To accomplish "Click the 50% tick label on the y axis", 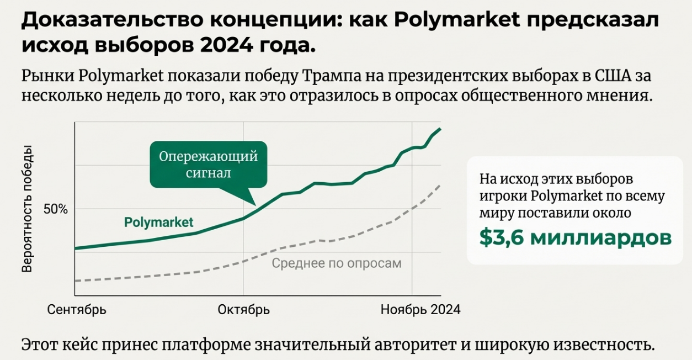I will (x=55, y=209).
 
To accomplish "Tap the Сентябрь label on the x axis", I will (x=77, y=310).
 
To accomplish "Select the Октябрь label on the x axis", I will (x=243, y=310).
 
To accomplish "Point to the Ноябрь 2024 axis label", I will (x=420, y=310).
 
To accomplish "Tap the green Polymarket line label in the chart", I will (x=158, y=223).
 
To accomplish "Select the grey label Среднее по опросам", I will (x=337, y=263).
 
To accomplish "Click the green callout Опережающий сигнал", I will (x=208, y=164).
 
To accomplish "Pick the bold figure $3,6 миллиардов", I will (x=576, y=237).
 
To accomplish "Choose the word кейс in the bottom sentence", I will (x=94, y=345).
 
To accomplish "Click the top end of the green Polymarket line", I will (x=440, y=129).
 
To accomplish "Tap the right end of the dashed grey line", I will (x=440, y=185).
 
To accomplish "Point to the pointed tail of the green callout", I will (x=255, y=204).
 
